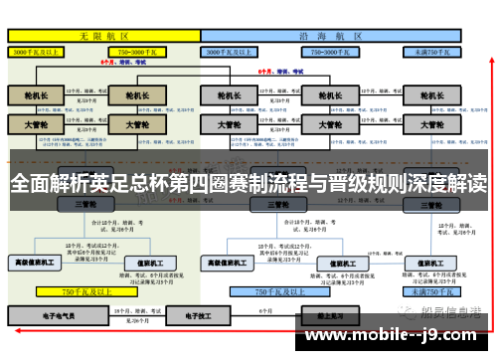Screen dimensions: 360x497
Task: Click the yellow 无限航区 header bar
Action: coord(103,34)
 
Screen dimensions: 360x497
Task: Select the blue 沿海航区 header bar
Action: coord(332,34)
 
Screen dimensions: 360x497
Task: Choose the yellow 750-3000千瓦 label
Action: coord(141,50)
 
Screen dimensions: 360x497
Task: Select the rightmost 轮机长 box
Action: coord(433,95)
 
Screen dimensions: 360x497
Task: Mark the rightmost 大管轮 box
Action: coord(433,126)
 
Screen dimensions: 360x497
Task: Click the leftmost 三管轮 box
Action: coord(85,203)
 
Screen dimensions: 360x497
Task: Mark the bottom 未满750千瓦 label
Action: coord(434,292)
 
